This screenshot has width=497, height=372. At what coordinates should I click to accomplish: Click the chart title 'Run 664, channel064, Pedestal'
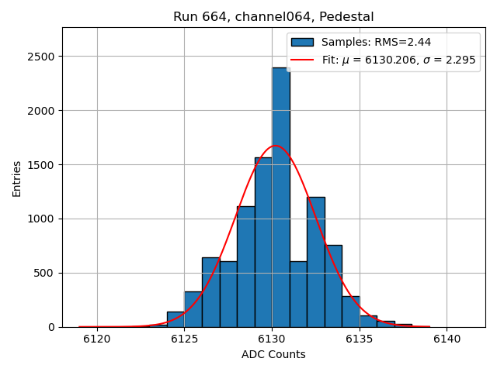click(x=273, y=17)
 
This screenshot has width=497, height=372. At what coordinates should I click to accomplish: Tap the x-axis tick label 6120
click(x=97, y=339)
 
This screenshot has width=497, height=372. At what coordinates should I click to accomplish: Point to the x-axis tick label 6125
click(x=184, y=339)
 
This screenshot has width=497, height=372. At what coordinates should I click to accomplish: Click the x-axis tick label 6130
click(x=272, y=339)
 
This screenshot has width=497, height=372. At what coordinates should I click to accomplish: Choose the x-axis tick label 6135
click(x=359, y=339)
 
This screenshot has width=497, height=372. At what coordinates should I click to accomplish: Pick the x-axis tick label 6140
click(x=447, y=339)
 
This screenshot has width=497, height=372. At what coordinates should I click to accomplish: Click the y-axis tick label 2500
click(x=41, y=57)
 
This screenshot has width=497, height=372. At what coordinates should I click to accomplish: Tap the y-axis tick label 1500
click(x=41, y=165)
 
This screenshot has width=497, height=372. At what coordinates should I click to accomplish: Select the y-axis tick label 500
click(x=44, y=273)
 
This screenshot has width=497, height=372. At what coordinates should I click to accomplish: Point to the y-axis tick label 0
click(x=50, y=327)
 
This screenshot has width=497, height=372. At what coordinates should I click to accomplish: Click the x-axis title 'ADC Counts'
click(x=273, y=355)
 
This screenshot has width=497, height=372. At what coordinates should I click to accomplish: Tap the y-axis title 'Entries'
click(x=17, y=179)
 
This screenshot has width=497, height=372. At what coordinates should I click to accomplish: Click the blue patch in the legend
click(x=302, y=43)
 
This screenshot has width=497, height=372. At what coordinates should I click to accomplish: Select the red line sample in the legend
click(x=302, y=60)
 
